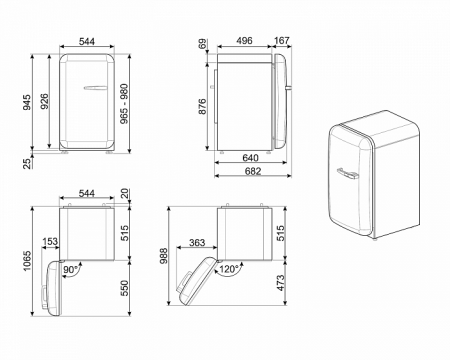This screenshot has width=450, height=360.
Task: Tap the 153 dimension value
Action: tap(51, 241)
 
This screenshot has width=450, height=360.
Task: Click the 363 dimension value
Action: tap(198, 241)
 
